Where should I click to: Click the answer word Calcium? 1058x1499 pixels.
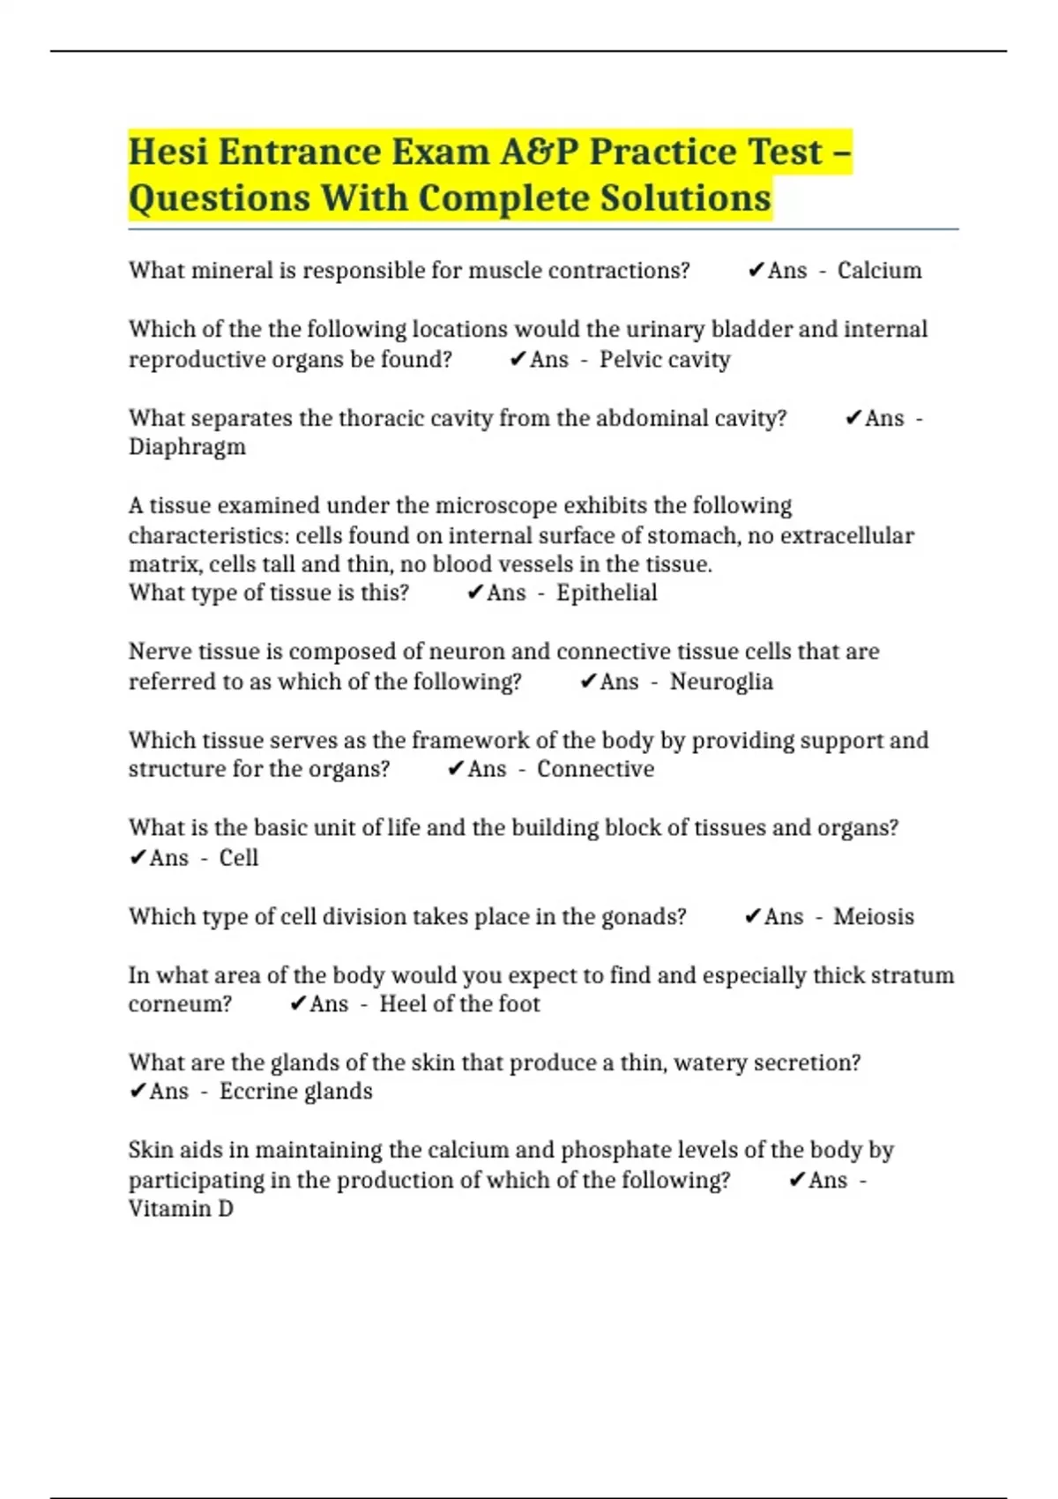[879, 271]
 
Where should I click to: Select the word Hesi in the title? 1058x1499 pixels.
[168, 152]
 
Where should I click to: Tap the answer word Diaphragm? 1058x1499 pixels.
[187, 447]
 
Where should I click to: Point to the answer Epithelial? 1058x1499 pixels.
[607, 593]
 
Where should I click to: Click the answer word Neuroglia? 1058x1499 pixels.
[721, 682]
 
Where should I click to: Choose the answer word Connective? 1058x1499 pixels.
[595, 769]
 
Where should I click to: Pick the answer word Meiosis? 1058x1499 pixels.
[873, 917]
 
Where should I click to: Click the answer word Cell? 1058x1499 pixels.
[238, 858]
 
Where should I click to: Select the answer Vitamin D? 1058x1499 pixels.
[181, 1209]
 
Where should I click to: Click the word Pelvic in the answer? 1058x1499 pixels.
[630, 360]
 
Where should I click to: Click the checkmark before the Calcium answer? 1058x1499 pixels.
[756, 271]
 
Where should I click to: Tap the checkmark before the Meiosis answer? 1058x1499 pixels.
[752, 917]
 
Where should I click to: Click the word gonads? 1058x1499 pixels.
[643, 917]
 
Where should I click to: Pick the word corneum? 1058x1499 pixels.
[180, 1004]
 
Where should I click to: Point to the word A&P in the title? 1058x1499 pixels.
[540, 152]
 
